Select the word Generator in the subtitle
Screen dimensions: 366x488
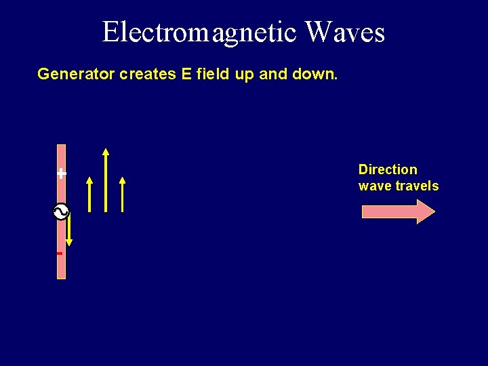tap(76, 74)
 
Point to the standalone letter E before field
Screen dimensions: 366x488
tap(186, 74)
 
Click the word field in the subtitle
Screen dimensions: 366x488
tap(213, 74)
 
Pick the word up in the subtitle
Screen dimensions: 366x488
tap(244, 75)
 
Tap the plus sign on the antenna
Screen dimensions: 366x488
tap(62, 174)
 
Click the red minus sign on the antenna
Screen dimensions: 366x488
tap(60, 253)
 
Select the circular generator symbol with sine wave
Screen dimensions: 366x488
tap(61, 212)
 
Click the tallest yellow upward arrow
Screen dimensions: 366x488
tap(106, 180)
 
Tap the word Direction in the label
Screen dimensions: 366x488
tap(388, 169)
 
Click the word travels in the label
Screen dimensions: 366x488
tap(415, 186)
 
